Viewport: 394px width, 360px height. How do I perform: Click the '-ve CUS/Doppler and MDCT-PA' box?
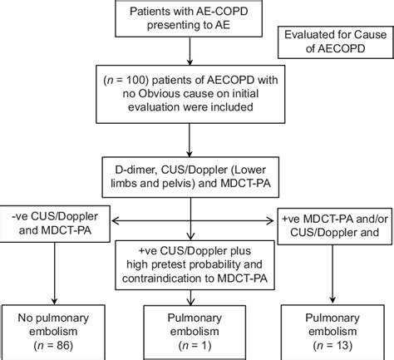coord(54,224)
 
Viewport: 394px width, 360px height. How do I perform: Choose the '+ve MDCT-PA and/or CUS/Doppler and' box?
coord(336,224)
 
